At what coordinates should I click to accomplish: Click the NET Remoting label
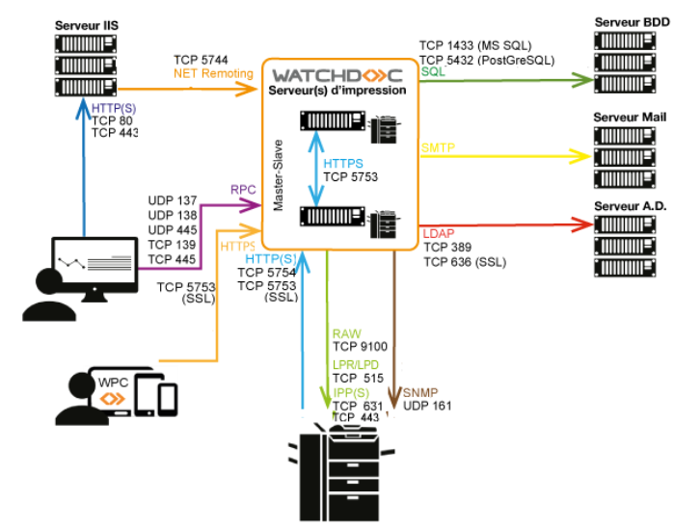[x=213, y=73]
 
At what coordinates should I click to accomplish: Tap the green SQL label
[x=434, y=72]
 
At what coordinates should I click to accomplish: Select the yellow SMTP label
[x=438, y=148]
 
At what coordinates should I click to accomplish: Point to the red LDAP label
[x=439, y=233]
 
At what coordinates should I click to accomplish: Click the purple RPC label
[x=243, y=190]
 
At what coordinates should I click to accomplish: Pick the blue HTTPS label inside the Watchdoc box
[x=343, y=164]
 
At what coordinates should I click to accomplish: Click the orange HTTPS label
[x=238, y=247]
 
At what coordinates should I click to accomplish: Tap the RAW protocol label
[x=346, y=334]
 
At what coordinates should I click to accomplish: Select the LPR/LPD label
[x=356, y=365]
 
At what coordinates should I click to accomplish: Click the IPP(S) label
[x=351, y=393]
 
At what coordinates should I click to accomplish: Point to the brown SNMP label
[x=420, y=393]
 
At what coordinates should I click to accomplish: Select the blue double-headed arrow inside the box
[x=316, y=169]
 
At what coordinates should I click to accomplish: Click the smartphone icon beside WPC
[x=167, y=398]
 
